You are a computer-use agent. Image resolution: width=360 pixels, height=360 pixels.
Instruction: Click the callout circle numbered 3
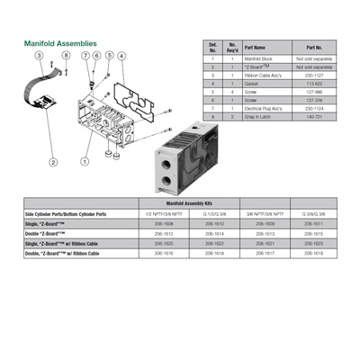39,57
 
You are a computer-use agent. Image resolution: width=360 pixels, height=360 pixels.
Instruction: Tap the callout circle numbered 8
66,57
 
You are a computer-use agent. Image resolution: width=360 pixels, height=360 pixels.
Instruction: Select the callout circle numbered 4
122,57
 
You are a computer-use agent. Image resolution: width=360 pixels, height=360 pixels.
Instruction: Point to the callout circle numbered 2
53,162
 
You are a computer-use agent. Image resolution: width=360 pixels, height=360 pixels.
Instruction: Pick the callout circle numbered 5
109,57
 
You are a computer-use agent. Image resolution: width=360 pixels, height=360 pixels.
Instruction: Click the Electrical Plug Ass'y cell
265,108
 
